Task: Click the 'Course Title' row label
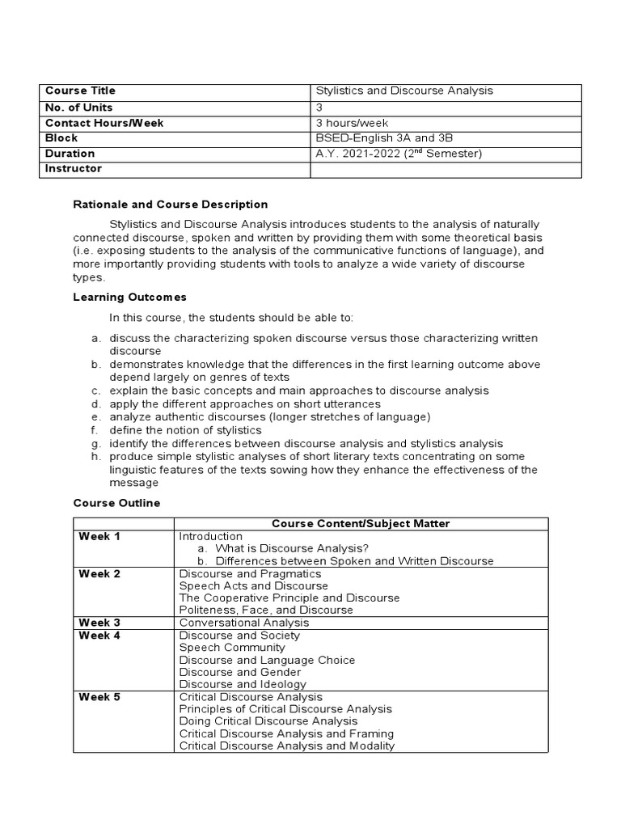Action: (81, 91)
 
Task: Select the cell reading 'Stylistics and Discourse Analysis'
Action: (404, 91)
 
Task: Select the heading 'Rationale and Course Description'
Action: (171, 205)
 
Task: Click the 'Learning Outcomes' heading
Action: (130, 298)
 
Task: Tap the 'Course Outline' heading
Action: (117, 503)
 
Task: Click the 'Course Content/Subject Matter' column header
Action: (361, 524)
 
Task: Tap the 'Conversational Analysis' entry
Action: (243, 623)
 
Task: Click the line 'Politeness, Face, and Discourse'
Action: (266, 610)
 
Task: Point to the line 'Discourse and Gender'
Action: (240, 672)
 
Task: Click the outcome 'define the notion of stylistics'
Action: (186, 430)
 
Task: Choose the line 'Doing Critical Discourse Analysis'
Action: (268, 721)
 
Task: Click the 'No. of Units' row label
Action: (79, 108)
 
